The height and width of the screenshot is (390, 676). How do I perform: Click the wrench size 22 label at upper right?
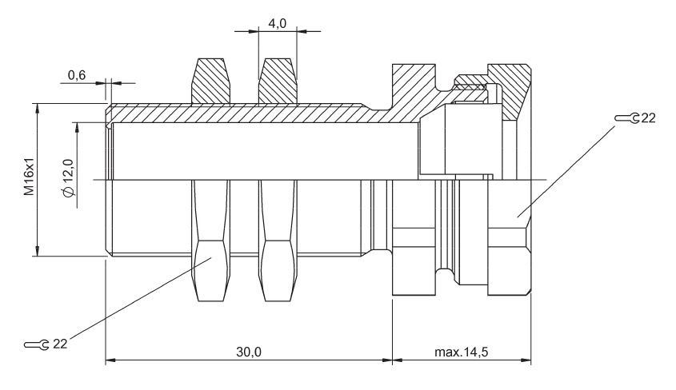click(x=648, y=118)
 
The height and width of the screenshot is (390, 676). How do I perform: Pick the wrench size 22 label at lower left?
click(x=60, y=344)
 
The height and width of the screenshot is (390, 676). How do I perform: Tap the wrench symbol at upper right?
click(x=627, y=118)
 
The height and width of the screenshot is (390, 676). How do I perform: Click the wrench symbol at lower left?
click(x=37, y=344)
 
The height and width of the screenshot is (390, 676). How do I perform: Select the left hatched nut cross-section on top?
click(x=210, y=81)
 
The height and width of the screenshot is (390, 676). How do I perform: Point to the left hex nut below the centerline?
click(x=210, y=240)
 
